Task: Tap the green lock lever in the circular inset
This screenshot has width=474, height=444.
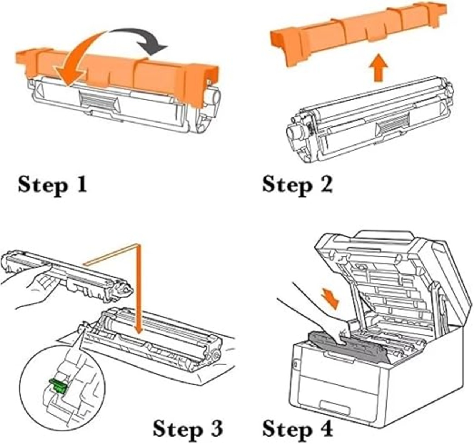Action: click(x=59, y=386)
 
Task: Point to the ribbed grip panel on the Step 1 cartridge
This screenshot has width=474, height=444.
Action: click(x=97, y=101)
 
